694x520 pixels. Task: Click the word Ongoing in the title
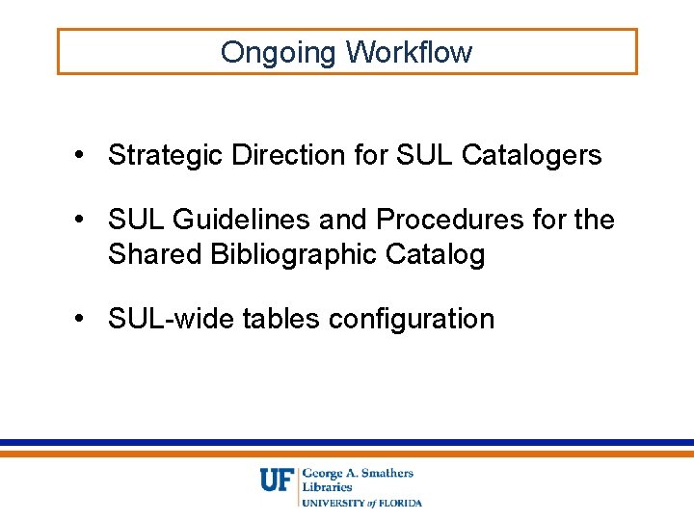(279, 52)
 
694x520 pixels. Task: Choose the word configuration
(412, 320)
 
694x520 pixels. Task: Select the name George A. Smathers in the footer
(358, 473)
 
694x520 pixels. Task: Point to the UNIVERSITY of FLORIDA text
(362, 503)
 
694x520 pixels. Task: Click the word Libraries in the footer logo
(327, 487)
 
